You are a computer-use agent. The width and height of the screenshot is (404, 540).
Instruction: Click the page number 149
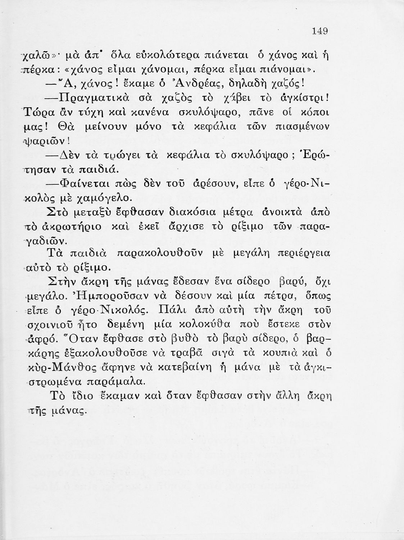coord(320,31)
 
